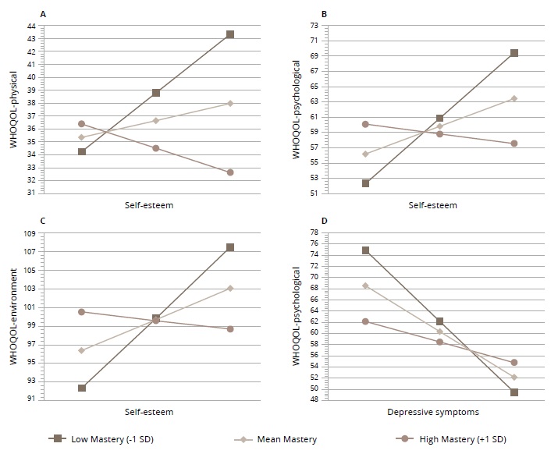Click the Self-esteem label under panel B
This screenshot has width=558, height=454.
coord(432,205)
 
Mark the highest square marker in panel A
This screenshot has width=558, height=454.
coord(230,34)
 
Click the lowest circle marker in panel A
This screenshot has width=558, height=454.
coord(230,172)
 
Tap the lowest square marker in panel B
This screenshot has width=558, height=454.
coord(365,183)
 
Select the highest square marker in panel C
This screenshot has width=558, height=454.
coord(230,247)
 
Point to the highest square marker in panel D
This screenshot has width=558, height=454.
coord(365,250)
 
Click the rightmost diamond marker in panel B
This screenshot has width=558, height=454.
coord(514,98)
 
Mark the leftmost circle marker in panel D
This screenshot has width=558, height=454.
coord(365,321)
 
